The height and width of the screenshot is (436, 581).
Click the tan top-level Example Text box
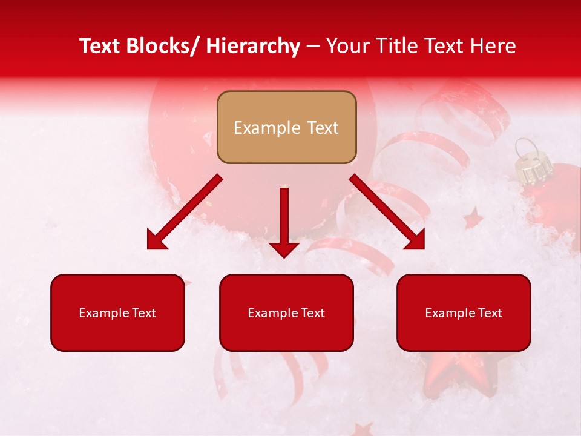[x=286, y=127]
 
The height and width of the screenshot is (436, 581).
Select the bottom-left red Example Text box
[x=117, y=312]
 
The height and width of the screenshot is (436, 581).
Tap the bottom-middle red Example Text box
[x=286, y=312]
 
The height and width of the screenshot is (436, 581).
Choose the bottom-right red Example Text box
[x=464, y=312]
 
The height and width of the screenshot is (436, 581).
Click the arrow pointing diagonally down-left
[x=184, y=212]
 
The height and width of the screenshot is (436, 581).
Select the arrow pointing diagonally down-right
[x=387, y=212]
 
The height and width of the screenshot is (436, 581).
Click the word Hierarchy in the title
[x=252, y=46]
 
